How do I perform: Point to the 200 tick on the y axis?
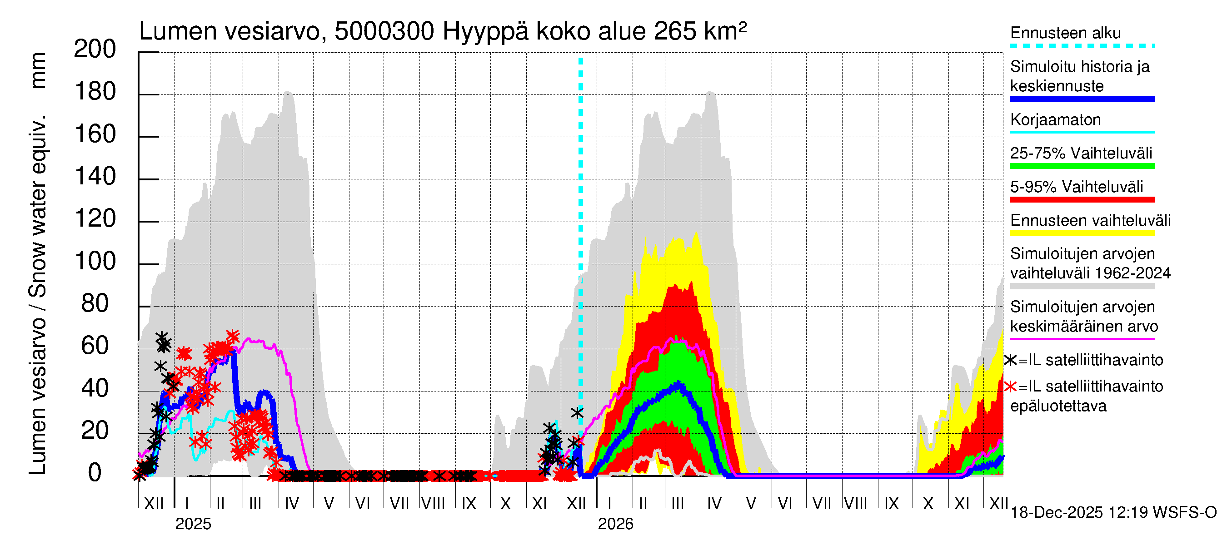pyautogui.click(x=95, y=49)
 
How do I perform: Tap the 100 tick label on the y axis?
pyautogui.click(x=95, y=261)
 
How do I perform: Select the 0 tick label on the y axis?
pyautogui.click(x=95, y=473)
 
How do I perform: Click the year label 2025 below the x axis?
pyautogui.click(x=193, y=524)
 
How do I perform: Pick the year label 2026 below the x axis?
pyautogui.click(x=615, y=524)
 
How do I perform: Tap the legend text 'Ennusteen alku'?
pyautogui.click(x=1065, y=33)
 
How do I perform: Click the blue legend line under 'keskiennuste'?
pyautogui.click(x=1082, y=99)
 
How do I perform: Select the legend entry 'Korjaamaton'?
pyautogui.click(x=1055, y=119)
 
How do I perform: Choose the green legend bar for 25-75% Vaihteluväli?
pyautogui.click(x=1082, y=166)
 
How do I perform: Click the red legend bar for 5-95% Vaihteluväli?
pyautogui.click(x=1082, y=199)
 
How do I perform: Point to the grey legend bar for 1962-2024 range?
pyautogui.click(x=1082, y=286)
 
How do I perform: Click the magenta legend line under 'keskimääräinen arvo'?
pyautogui.click(x=1082, y=339)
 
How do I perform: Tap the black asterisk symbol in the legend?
pyautogui.click(x=1011, y=360)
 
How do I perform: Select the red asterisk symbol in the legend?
pyautogui.click(x=1011, y=386)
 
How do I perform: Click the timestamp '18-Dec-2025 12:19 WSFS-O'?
pyautogui.click(x=1113, y=513)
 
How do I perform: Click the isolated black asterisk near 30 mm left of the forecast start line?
pyautogui.click(x=577, y=413)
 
